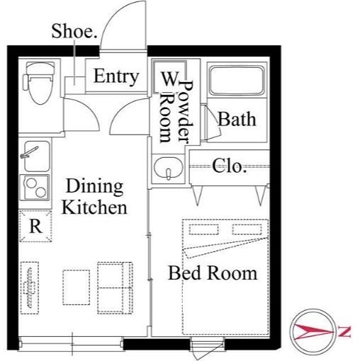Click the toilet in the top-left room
pyautogui.click(x=40, y=83)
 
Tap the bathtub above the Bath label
pyautogui.click(x=237, y=80)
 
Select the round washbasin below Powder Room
pyautogui.click(x=168, y=168)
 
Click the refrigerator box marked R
pyautogui.click(x=35, y=226)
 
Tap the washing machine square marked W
pyautogui.click(x=169, y=76)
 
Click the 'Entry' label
pyautogui.click(x=116, y=76)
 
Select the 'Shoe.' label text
pyautogui.click(x=74, y=31)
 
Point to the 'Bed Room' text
pyautogui.click(x=213, y=273)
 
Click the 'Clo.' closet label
pyautogui.click(x=229, y=166)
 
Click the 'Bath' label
pyautogui.click(x=237, y=119)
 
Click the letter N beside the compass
pyautogui.click(x=344, y=331)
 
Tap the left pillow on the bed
pyautogui.click(x=203, y=229)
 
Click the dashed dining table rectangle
pyautogui.click(x=76, y=287)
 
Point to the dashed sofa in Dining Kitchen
pyautogui.click(x=115, y=287)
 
